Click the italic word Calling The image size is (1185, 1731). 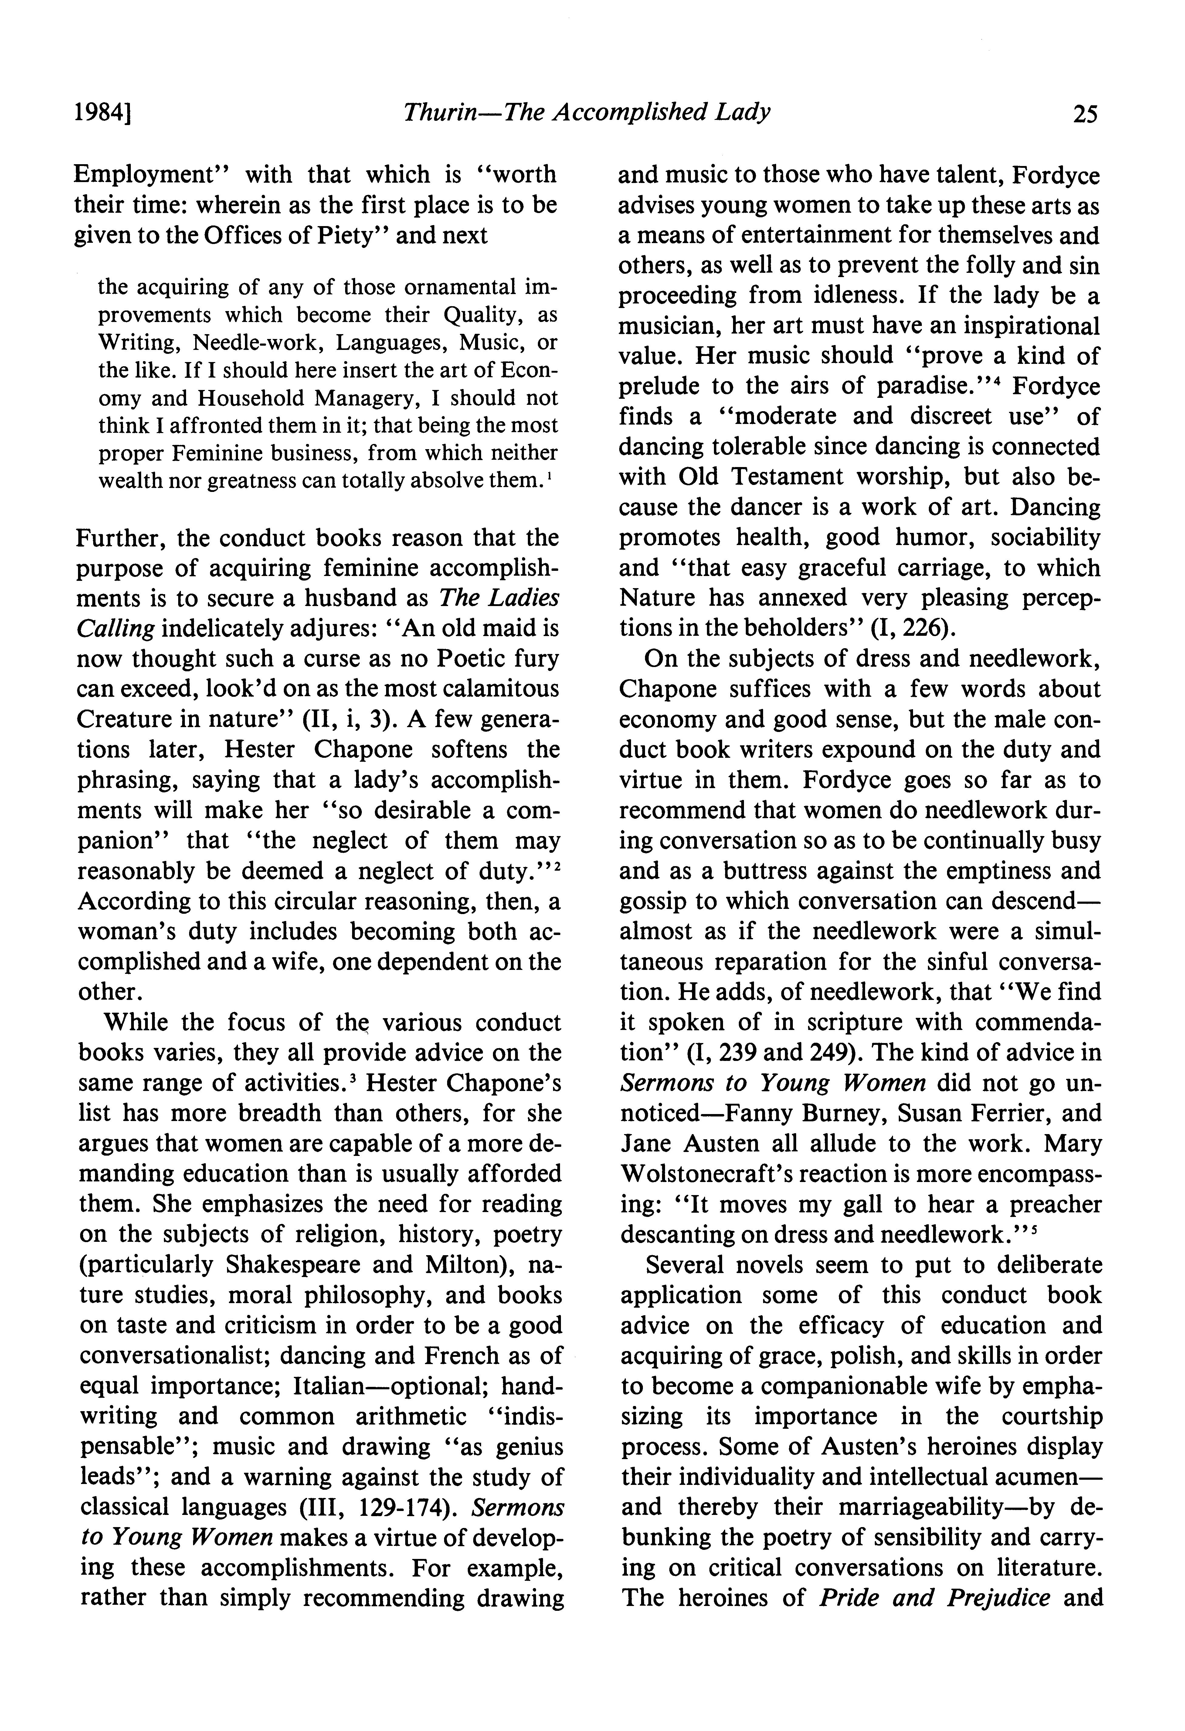[x=115, y=629]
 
